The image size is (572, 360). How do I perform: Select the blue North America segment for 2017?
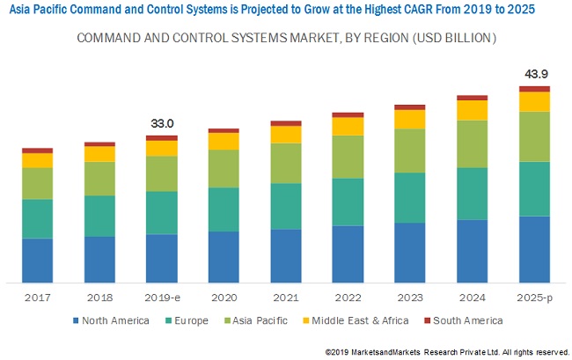(37, 260)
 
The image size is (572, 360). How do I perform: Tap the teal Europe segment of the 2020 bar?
(224, 209)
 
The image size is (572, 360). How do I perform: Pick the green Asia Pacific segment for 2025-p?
(534, 136)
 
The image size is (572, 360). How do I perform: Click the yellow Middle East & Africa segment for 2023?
(410, 119)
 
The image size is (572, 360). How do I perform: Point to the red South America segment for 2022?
(348, 114)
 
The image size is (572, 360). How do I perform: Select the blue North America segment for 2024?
(473, 251)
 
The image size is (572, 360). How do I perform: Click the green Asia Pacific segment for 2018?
(99, 178)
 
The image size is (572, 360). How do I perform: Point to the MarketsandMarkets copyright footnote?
(447, 352)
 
